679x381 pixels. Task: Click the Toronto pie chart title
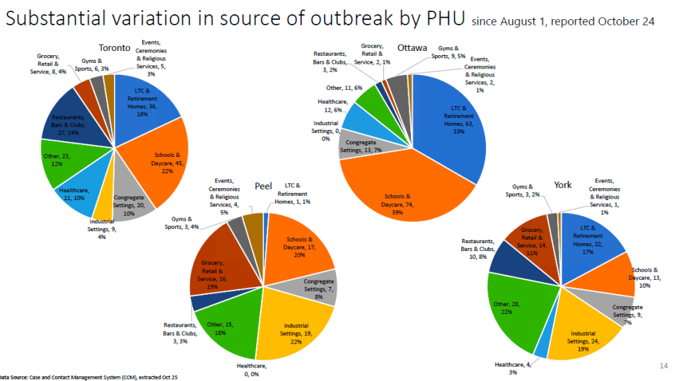(x=114, y=48)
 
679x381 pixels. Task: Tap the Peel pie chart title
(x=263, y=187)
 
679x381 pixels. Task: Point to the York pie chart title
(x=562, y=184)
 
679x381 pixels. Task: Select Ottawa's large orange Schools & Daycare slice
(x=403, y=201)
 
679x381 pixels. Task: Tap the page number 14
(x=663, y=365)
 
